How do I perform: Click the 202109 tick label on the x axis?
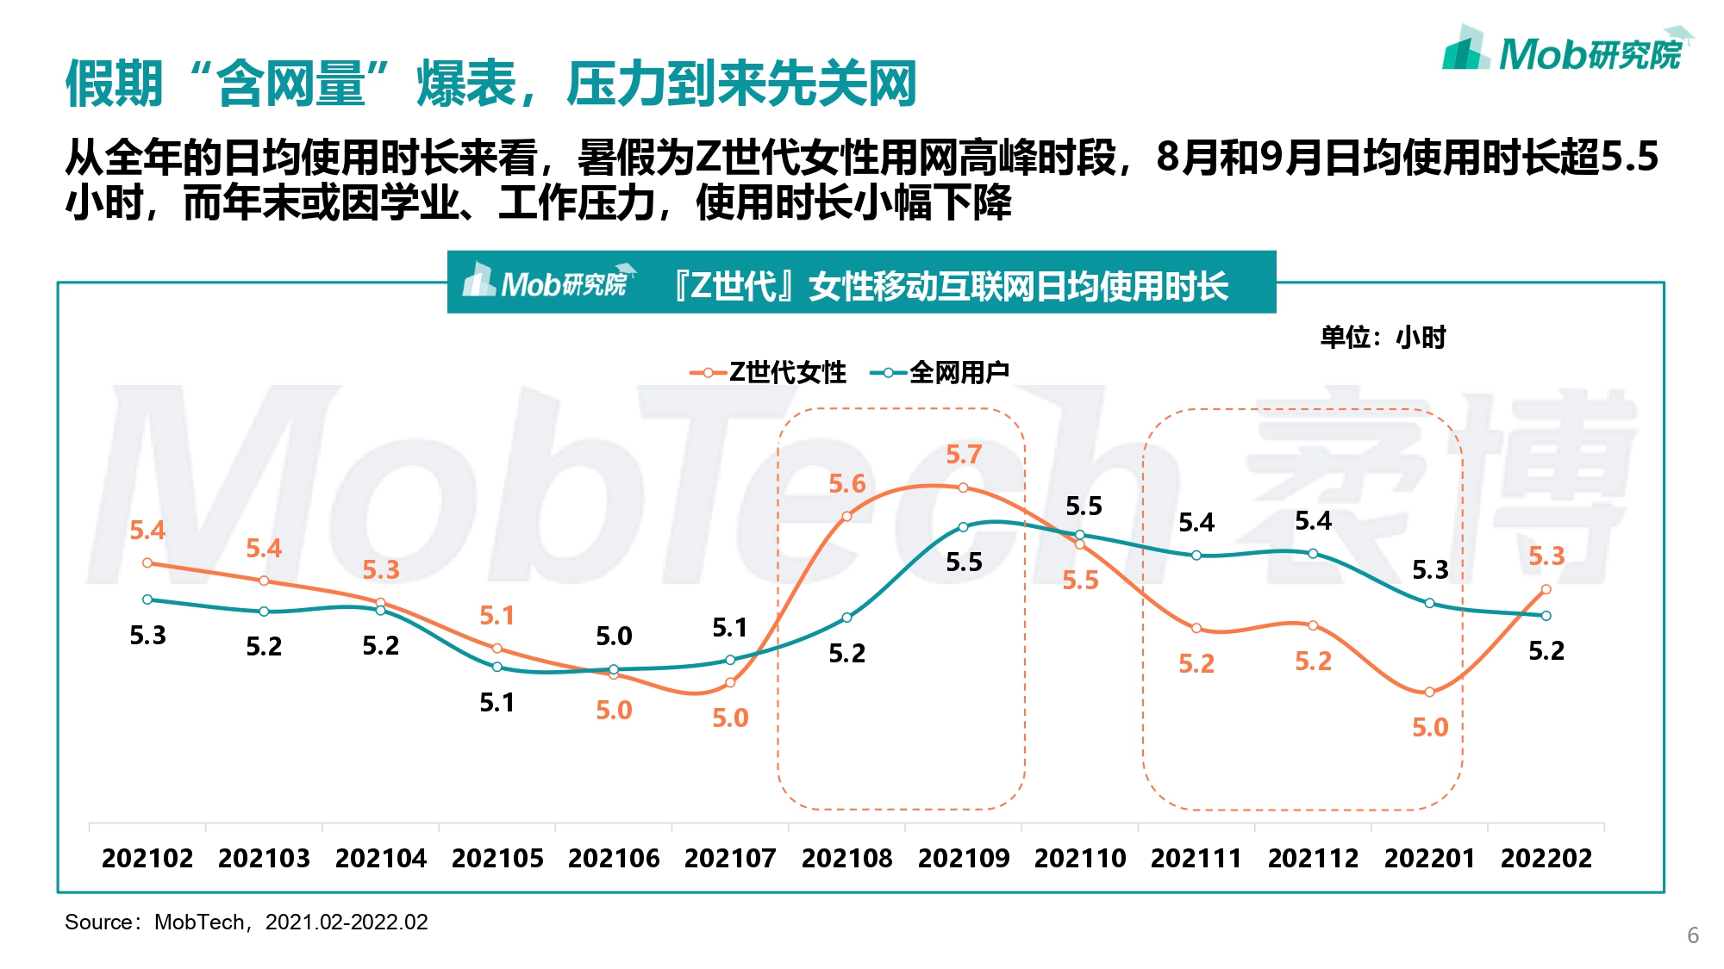pos(963,858)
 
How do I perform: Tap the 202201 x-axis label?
pos(1429,858)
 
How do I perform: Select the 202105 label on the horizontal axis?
pos(497,858)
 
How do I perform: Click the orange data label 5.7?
pos(963,455)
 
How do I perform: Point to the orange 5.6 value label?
pos(846,484)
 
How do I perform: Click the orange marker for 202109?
pos(963,488)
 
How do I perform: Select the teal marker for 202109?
pos(963,527)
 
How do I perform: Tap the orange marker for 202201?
pos(1429,692)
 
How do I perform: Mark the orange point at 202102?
pos(147,563)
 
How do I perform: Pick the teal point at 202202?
pos(1546,616)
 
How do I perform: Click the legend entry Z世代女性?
pos(769,372)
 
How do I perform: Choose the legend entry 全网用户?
pos(941,372)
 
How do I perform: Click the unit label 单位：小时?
pos(1383,337)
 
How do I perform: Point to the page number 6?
pos(1692,935)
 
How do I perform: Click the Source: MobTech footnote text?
pos(247,922)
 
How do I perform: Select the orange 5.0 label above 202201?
pos(1429,728)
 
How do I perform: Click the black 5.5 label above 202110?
pos(1084,506)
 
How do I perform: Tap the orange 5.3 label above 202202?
pos(1546,556)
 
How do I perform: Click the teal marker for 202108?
pos(846,618)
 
